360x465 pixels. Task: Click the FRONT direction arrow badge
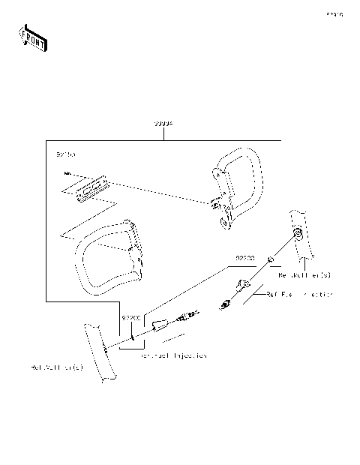coord(32,37)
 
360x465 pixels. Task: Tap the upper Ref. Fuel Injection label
coord(298,295)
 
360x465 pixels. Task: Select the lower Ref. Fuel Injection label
coord(173,355)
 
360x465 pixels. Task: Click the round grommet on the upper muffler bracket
coord(298,234)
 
